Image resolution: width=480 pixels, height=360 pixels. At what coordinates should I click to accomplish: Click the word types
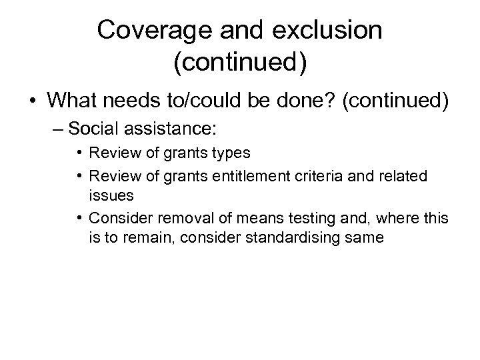(231, 153)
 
